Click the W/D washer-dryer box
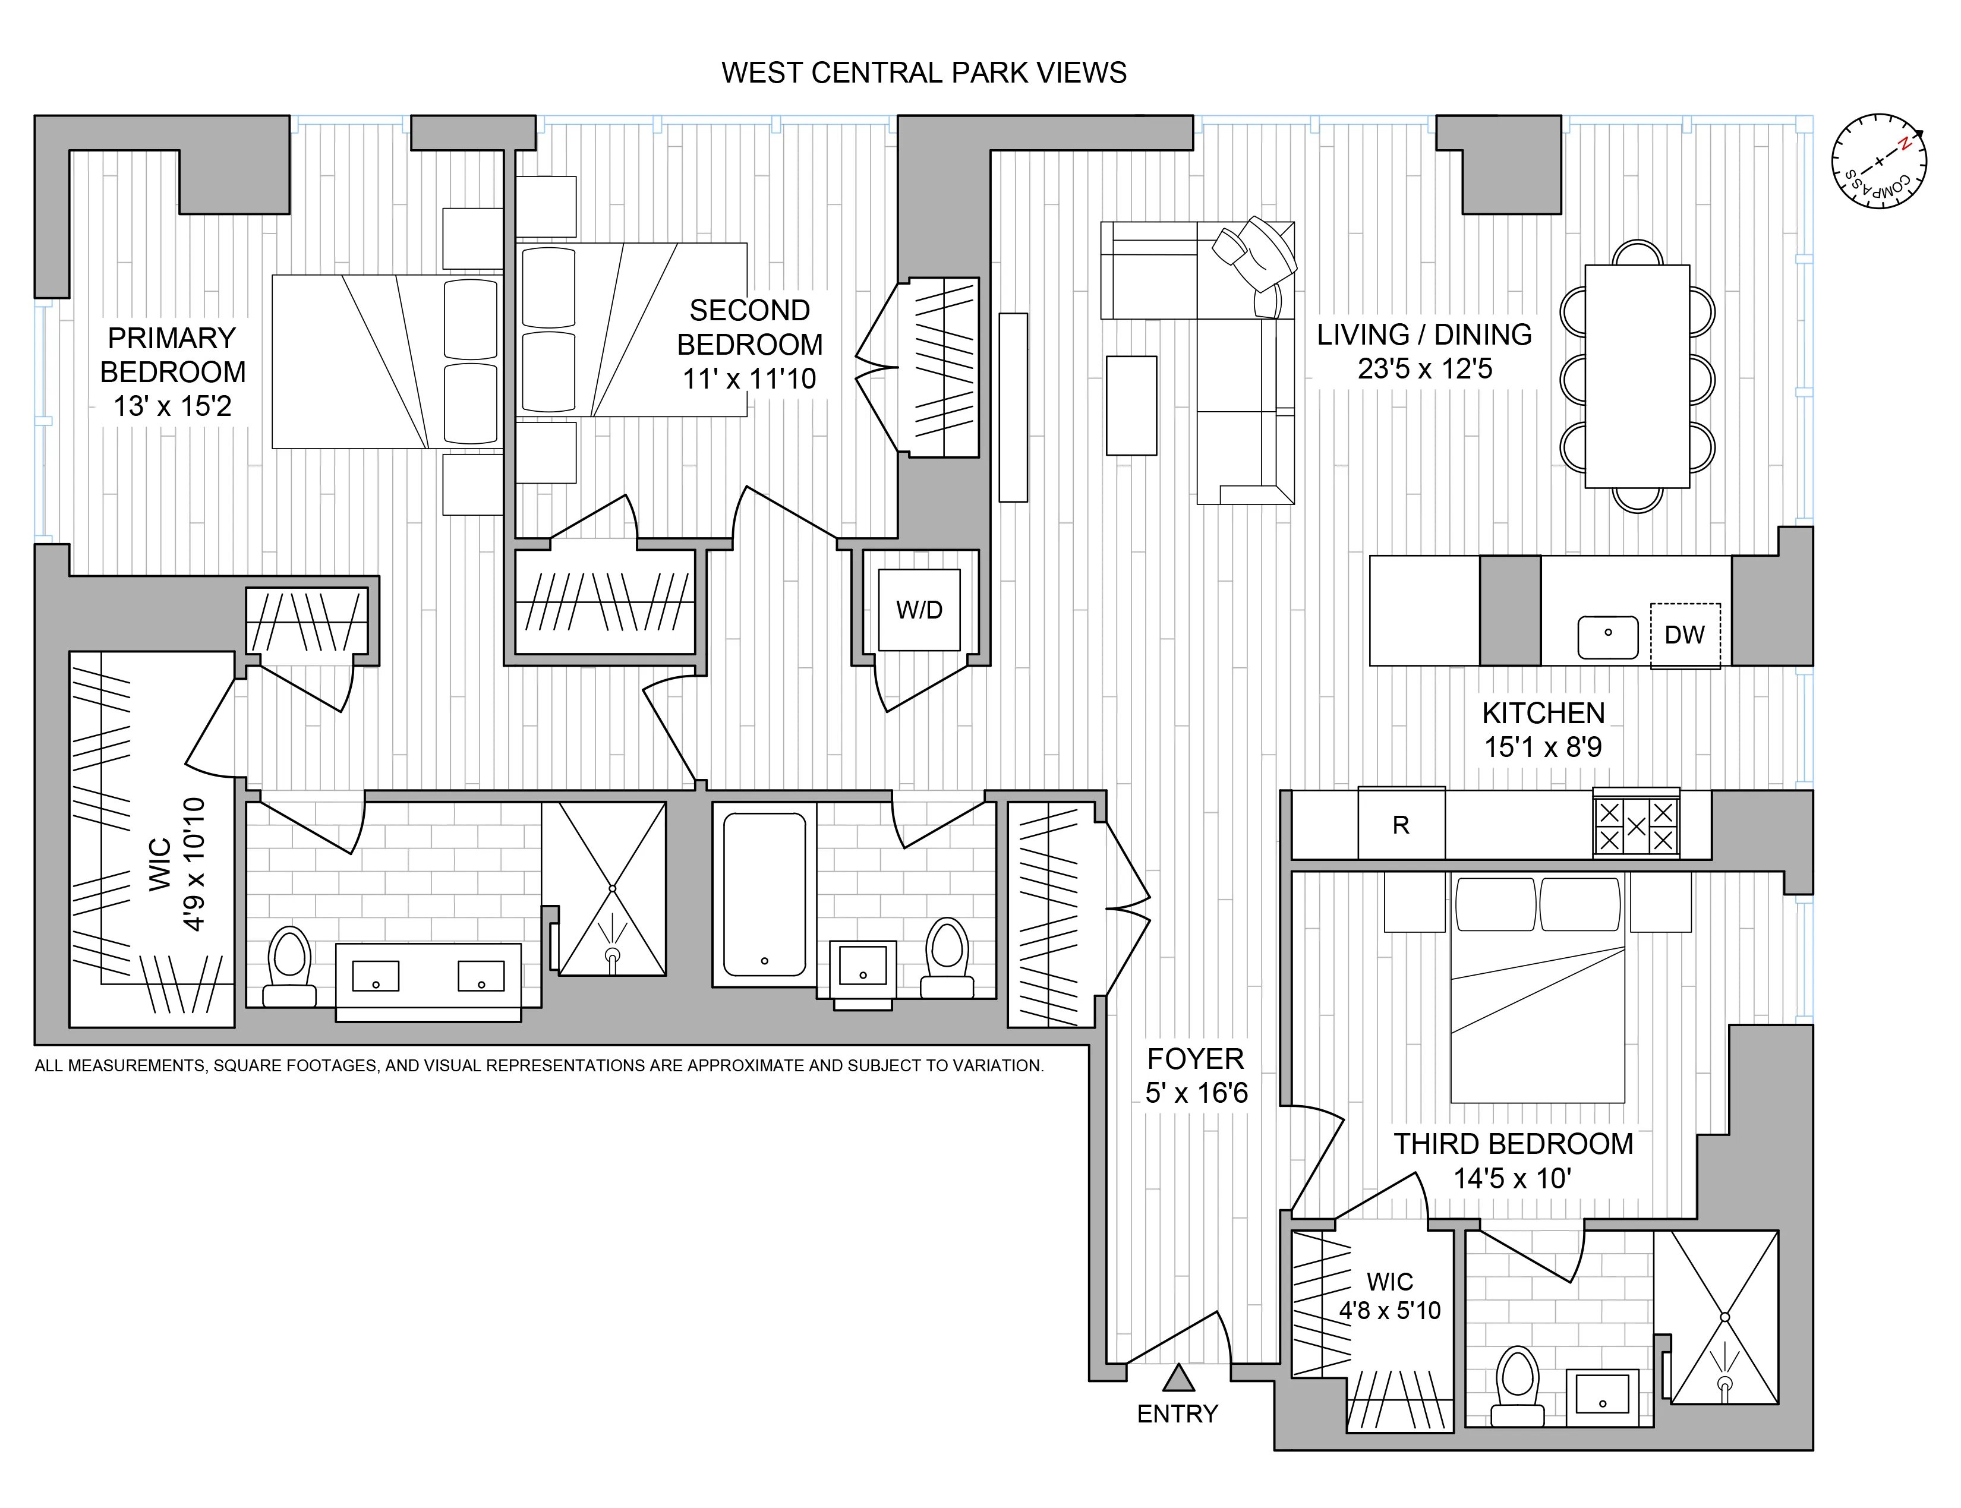click(919, 610)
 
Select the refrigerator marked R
click(1401, 824)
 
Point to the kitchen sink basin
click(1607, 636)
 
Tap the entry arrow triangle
click(1178, 1378)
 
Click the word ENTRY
click(1178, 1414)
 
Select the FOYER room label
click(1196, 1059)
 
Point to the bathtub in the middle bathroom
click(764, 894)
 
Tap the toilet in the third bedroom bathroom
click(1518, 1386)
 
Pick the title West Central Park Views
click(923, 72)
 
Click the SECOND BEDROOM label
click(749, 327)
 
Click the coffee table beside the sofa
click(1131, 406)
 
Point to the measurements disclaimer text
click(538, 1065)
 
